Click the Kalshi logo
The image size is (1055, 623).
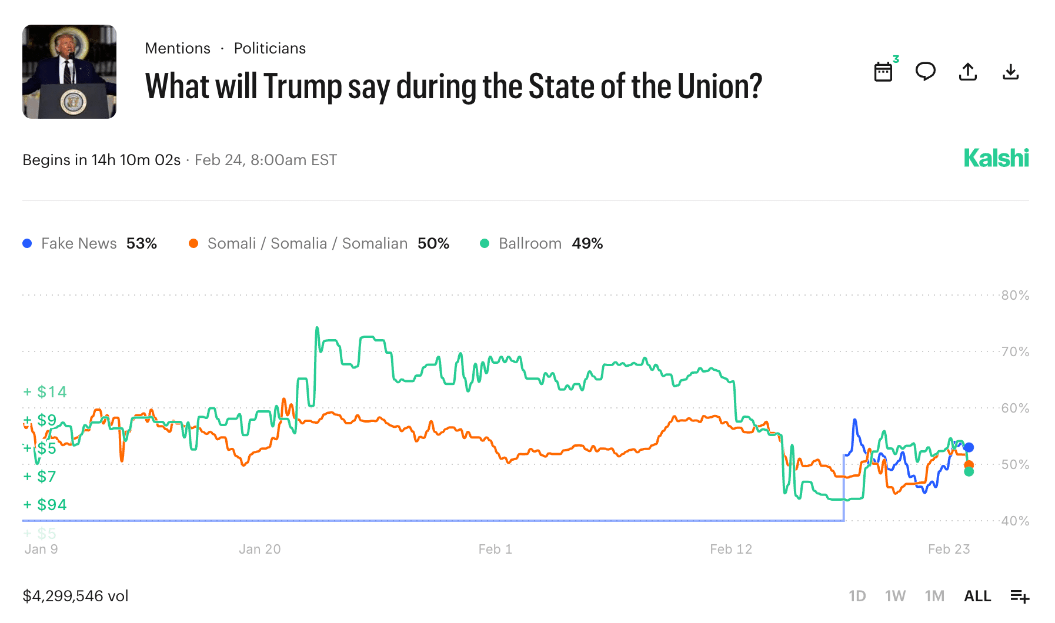996,158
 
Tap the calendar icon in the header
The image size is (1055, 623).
883,72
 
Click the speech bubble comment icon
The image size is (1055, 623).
926,72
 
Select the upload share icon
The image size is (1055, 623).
968,72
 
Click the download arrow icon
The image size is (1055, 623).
1010,72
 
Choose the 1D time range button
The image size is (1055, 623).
857,596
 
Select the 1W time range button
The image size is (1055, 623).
895,596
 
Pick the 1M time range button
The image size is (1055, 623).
934,596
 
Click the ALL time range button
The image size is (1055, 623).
977,596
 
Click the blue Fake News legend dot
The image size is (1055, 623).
27,243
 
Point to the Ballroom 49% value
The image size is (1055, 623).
587,243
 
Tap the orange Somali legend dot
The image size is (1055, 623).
193,243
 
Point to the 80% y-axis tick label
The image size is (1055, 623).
1015,295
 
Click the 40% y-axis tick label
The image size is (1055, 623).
1015,521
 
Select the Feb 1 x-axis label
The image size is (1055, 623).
495,549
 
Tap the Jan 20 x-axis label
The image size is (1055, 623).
259,549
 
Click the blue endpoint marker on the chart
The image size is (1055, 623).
969,447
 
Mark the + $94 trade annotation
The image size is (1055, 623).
45,504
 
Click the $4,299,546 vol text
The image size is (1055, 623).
75,596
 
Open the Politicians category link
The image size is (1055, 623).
270,48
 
